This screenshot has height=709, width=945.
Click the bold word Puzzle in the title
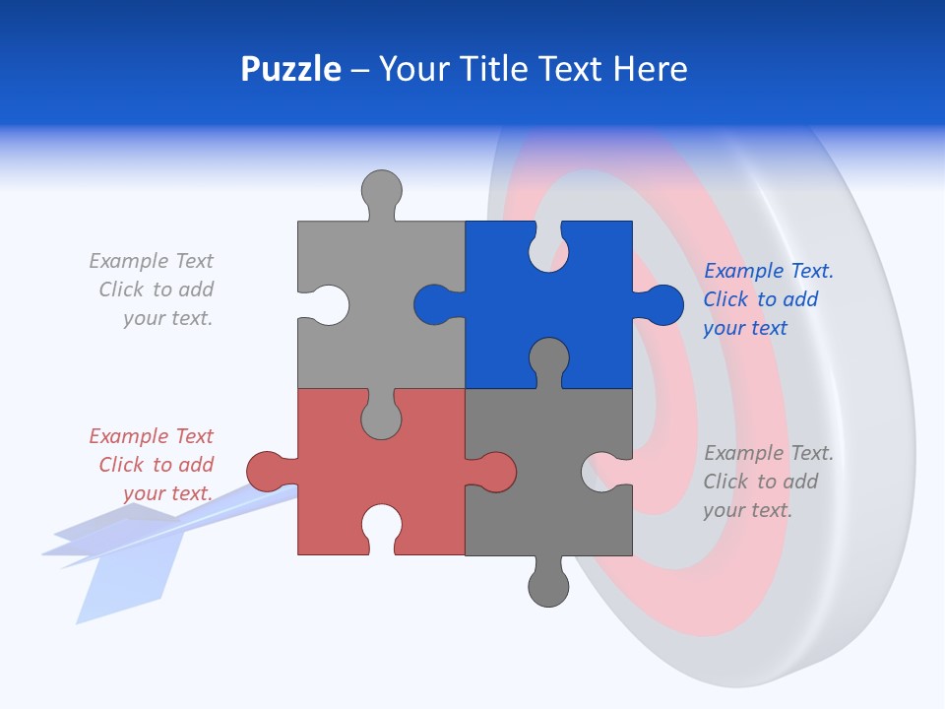tap(290, 70)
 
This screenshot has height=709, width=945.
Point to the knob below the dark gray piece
tap(548, 587)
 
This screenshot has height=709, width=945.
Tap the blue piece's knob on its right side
tap(663, 304)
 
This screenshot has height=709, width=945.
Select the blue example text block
tap(768, 299)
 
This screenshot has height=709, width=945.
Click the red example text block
tap(153, 464)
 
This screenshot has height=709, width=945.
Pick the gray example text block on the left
tap(153, 290)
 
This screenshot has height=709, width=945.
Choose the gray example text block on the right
tap(768, 482)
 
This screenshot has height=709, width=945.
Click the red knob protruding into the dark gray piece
tap(496, 471)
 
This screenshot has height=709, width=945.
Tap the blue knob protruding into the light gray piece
tap(433, 304)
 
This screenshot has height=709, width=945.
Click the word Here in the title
tap(649, 70)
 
